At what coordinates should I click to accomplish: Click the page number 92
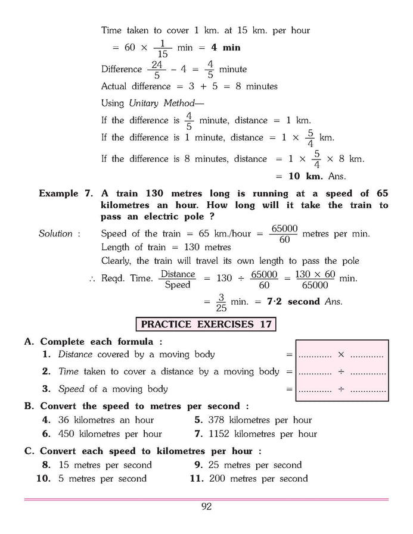point(206,507)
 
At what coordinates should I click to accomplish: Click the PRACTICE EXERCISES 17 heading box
point(206,324)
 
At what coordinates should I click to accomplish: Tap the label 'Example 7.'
point(67,193)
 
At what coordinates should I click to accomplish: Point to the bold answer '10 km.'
point(305,176)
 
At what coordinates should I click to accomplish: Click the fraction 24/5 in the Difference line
point(156,70)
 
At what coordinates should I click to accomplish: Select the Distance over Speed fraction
point(178,279)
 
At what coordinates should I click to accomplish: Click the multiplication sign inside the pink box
point(341,355)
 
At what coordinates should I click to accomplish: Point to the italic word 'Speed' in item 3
point(72,389)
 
